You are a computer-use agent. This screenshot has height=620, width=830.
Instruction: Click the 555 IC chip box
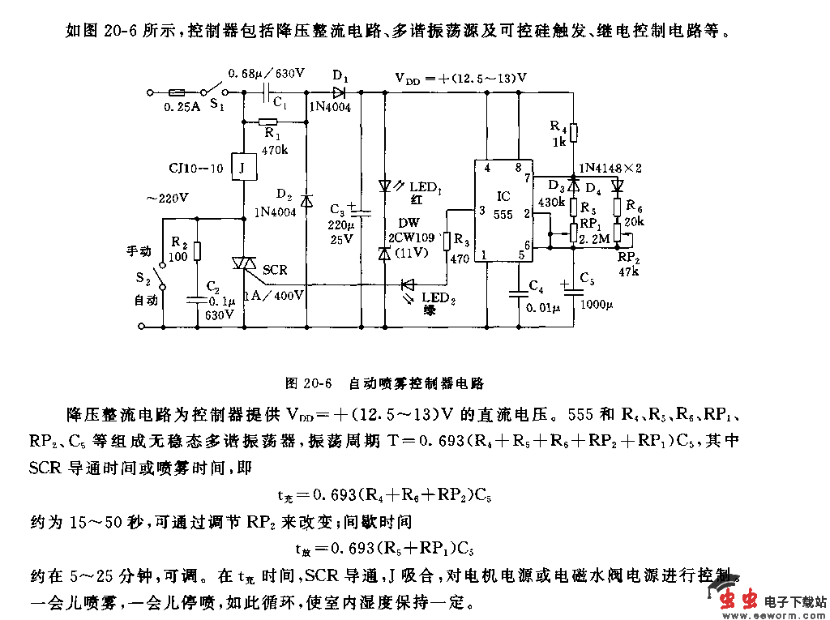pyautogui.click(x=503, y=210)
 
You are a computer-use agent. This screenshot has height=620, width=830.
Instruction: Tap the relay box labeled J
pyautogui.click(x=242, y=167)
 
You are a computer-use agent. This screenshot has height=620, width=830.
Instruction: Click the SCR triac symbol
pyautogui.click(x=243, y=264)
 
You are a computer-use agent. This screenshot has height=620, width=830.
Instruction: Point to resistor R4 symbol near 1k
pyautogui.click(x=573, y=132)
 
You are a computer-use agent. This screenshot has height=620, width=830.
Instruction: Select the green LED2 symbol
pyautogui.click(x=407, y=284)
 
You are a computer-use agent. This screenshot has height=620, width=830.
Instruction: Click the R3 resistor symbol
pyautogui.click(x=446, y=241)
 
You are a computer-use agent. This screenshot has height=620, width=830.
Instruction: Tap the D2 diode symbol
pyautogui.click(x=306, y=200)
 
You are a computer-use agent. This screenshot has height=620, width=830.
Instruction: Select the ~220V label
pyautogui.click(x=165, y=197)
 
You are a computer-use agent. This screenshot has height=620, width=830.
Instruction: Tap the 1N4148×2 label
pyautogui.click(x=610, y=169)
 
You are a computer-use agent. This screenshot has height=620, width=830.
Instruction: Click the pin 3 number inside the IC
pyautogui.click(x=483, y=211)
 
